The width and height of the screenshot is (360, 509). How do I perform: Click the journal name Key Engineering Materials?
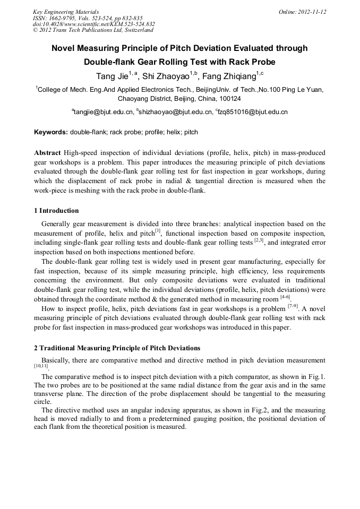click(x=66, y=11)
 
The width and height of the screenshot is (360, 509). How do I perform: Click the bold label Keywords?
click(x=51, y=132)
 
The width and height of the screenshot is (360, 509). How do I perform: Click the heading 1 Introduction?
click(x=56, y=211)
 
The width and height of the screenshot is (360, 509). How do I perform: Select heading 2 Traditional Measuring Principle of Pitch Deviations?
click(x=117, y=348)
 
